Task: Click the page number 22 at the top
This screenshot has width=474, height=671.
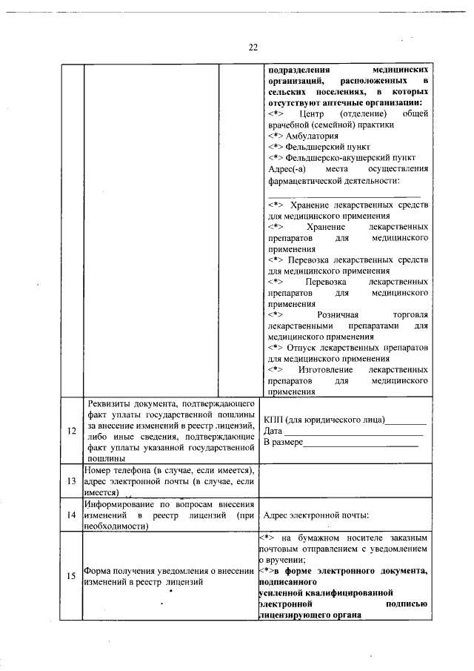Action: (x=253, y=47)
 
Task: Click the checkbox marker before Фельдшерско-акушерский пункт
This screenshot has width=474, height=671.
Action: (x=275, y=158)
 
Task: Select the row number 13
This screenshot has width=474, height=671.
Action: (x=72, y=480)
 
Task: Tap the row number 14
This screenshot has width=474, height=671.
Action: (x=72, y=515)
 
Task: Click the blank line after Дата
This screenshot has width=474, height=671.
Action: (x=353, y=432)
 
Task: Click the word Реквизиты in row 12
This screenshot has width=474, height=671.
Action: (x=110, y=403)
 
